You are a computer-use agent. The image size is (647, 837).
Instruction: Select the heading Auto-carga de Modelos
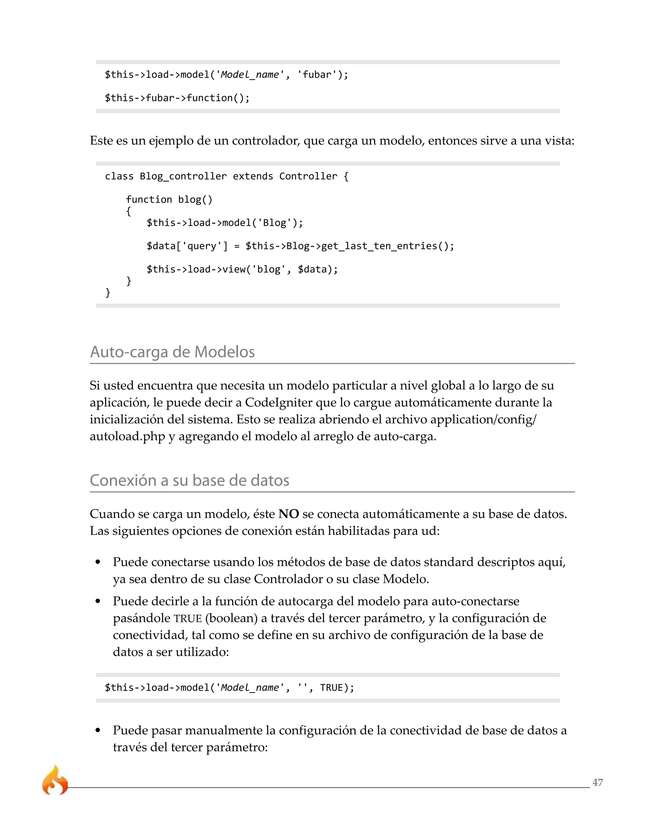(172, 352)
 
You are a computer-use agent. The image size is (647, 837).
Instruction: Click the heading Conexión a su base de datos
(189, 480)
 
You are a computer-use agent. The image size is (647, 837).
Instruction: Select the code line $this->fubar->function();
(177, 98)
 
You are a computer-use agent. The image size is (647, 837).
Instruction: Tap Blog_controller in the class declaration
(183, 176)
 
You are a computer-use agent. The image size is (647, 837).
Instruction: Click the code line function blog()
(169, 200)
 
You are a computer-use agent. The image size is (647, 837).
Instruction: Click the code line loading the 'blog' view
(242, 269)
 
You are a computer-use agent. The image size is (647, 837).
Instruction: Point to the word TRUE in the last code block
(331, 688)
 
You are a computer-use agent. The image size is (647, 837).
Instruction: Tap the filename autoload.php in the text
(127, 436)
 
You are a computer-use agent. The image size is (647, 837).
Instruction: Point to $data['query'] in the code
(187, 246)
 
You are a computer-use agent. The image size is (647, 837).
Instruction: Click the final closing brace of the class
(108, 293)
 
